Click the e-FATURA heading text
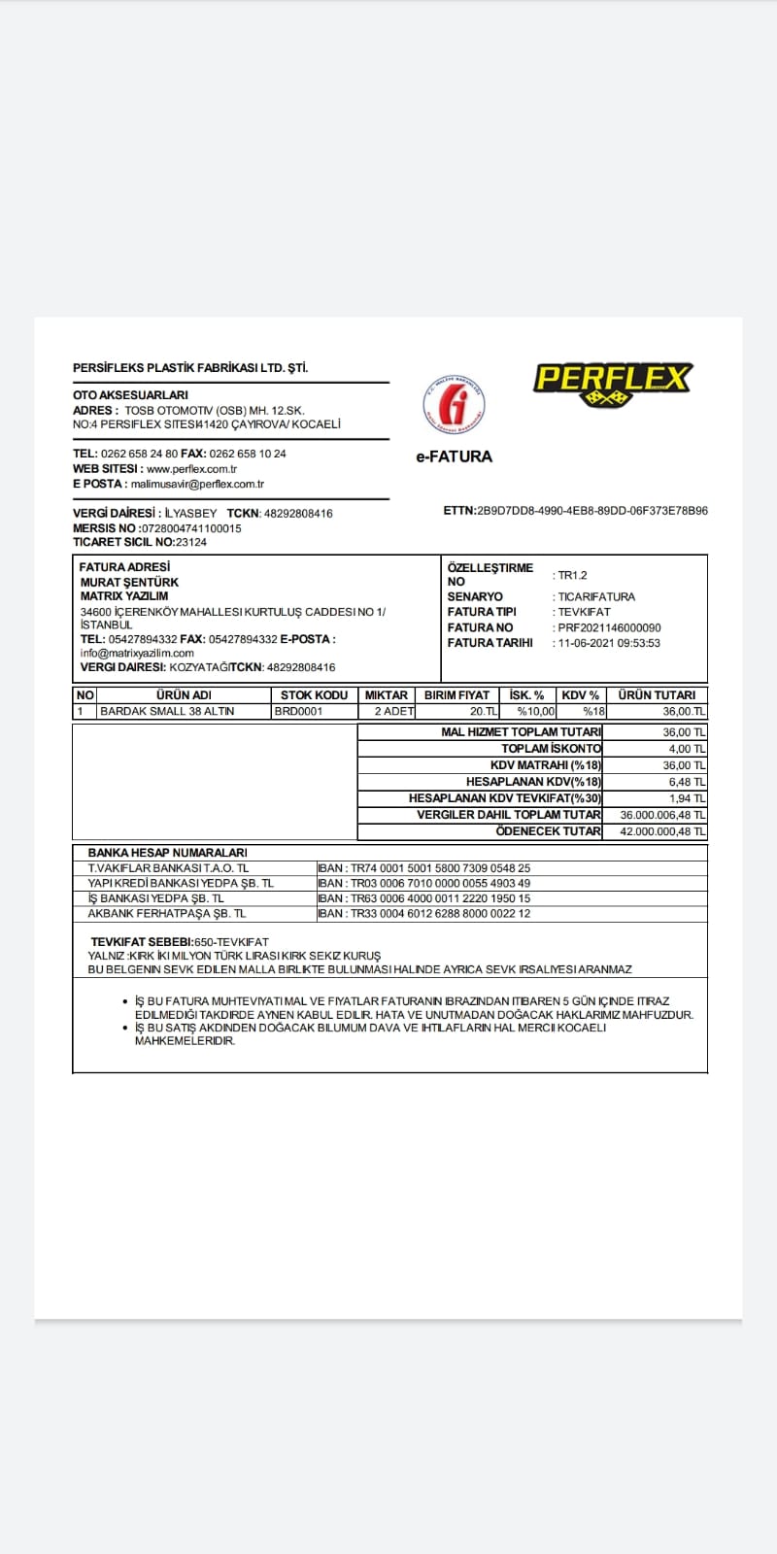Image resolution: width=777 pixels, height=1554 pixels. (x=454, y=456)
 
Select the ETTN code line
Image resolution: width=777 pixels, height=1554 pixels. (x=575, y=511)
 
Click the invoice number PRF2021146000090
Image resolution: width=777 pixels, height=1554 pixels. (x=609, y=627)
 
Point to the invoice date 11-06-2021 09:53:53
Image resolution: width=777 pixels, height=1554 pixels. (x=609, y=643)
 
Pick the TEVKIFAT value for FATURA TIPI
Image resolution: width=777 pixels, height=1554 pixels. (x=584, y=612)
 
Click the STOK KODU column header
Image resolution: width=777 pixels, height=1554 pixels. (x=314, y=695)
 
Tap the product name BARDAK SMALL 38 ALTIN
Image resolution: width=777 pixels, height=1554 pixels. (x=167, y=711)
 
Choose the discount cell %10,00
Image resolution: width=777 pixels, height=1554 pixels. (x=536, y=711)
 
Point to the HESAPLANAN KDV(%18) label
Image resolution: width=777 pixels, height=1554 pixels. (x=533, y=782)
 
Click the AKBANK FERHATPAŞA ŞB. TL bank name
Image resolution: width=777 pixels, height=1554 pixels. (x=167, y=913)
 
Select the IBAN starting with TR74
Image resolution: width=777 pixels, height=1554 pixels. (x=424, y=868)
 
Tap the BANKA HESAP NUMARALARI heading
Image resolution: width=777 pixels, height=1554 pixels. (x=167, y=853)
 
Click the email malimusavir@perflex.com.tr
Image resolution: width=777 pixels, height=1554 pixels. (x=198, y=484)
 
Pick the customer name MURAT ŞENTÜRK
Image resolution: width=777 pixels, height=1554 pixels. (x=129, y=582)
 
